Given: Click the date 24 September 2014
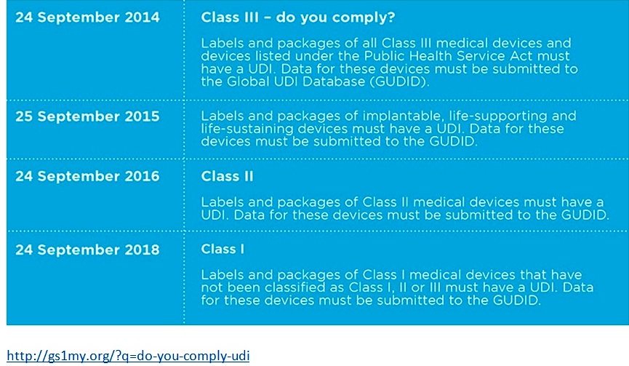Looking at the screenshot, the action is (x=87, y=17).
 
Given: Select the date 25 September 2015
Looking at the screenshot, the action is (x=87, y=116).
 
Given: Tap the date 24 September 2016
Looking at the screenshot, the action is (x=87, y=176).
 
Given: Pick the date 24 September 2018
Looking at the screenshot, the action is (x=87, y=250).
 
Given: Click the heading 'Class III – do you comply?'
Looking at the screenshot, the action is (x=298, y=17).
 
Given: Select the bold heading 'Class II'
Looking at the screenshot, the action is (x=227, y=176).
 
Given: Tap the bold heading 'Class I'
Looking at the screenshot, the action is (x=223, y=250).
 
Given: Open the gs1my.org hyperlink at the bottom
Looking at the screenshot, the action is (x=128, y=356).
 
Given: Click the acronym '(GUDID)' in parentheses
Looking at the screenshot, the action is (x=399, y=81).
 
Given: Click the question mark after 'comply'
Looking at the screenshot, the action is (x=391, y=17).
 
